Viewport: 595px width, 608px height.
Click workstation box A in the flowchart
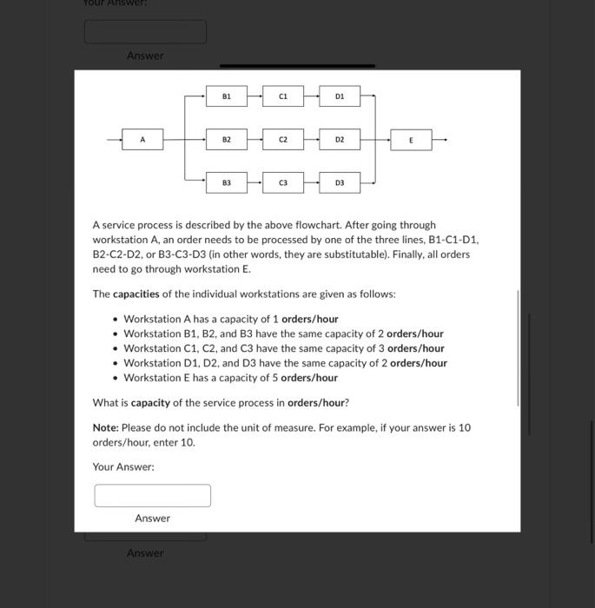144,139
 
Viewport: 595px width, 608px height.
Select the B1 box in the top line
226,96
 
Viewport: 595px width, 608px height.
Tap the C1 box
283,96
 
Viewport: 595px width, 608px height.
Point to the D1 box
340,96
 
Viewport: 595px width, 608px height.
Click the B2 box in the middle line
226,139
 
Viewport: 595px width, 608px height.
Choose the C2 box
283,139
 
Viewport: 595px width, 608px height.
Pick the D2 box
340,139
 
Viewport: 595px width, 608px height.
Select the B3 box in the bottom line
226,182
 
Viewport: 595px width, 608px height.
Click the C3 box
283,182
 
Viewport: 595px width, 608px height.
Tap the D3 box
340,182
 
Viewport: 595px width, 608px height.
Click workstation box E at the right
412,139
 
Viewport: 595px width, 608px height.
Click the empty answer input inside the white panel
153,495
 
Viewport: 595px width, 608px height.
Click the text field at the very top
145,32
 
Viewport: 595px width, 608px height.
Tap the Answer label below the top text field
145,56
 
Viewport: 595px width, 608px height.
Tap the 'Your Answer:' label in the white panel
123,467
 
